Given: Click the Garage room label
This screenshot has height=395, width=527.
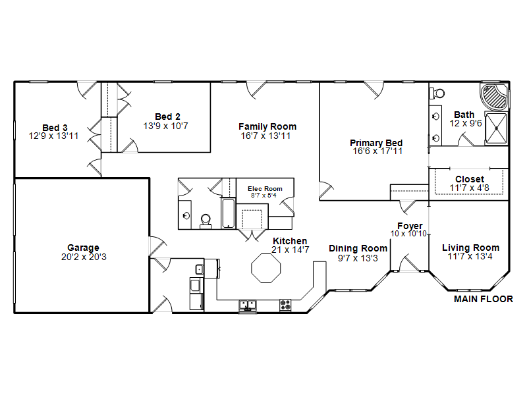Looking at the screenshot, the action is pyautogui.click(x=84, y=248).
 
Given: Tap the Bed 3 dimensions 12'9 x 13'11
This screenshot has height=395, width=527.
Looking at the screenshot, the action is pyautogui.click(x=53, y=136).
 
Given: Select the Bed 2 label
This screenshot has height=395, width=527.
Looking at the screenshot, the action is pyautogui.click(x=167, y=117).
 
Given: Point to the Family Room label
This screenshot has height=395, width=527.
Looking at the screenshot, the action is pyautogui.click(x=267, y=126).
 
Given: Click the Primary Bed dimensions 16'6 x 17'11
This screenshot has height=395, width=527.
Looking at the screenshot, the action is pyautogui.click(x=377, y=151).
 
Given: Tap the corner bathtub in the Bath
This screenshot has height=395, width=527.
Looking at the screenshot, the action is pyautogui.click(x=494, y=97).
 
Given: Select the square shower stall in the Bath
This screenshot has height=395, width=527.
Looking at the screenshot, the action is pyautogui.click(x=496, y=128).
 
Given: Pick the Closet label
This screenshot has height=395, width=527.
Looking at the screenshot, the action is pyautogui.click(x=470, y=179).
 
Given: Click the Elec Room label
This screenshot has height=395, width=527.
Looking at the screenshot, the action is pyautogui.click(x=265, y=189).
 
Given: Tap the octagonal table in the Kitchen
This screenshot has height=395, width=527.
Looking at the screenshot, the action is pyautogui.click(x=266, y=268).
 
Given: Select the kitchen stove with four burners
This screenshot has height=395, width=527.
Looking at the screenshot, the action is pyautogui.click(x=285, y=305).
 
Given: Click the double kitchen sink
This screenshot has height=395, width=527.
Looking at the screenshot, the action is pyautogui.click(x=248, y=305).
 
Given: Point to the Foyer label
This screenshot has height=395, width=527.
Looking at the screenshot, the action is pyautogui.click(x=410, y=226).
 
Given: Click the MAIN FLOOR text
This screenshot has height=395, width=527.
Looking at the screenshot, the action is pyautogui.click(x=484, y=299).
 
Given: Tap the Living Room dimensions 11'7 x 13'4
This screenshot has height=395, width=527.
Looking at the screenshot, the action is pyautogui.click(x=470, y=257).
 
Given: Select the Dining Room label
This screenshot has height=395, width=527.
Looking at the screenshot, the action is pyautogui.click(x=358, y=248).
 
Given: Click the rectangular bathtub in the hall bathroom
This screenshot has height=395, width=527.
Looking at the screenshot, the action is pyautogui.click(x=229, y=213).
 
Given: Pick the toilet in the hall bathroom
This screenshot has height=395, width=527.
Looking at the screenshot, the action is pyautogui.click(x=206, y=221).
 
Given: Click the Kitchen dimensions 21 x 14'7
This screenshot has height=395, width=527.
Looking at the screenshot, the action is pyautogui.click(x=291, y=250).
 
